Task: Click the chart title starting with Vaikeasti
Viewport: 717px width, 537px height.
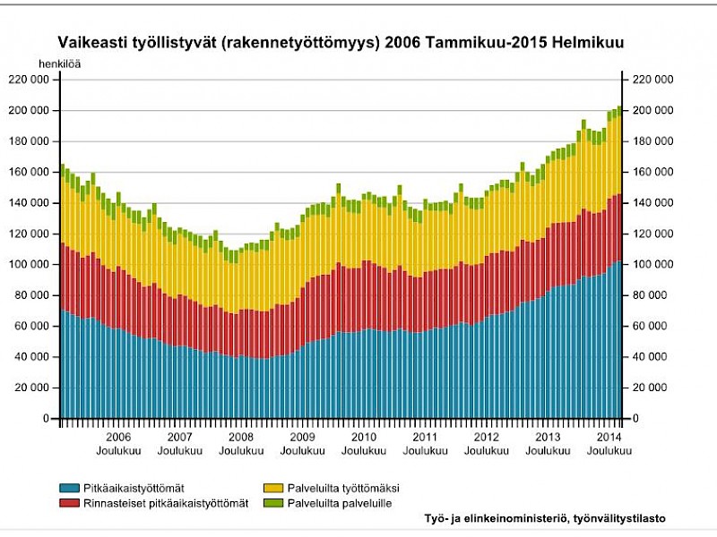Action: pos(341,42)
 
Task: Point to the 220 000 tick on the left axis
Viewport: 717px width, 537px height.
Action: pos(28,80)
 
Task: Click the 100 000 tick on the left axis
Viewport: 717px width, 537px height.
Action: pos(28,265)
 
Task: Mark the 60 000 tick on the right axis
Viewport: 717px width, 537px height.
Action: pos(656,327)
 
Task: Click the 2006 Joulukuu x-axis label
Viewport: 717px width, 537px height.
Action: pos(119,444)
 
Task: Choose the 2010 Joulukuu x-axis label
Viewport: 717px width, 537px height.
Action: pos(364,444)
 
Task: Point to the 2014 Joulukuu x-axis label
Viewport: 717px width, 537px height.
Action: pos(609,444)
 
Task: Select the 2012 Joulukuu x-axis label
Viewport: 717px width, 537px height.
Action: pos(487,444)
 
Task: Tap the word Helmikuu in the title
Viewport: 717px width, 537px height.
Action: pos(589,42)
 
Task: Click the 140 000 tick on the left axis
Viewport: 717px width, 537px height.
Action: pos(28,203)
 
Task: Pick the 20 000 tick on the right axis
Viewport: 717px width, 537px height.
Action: pos(656,388)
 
